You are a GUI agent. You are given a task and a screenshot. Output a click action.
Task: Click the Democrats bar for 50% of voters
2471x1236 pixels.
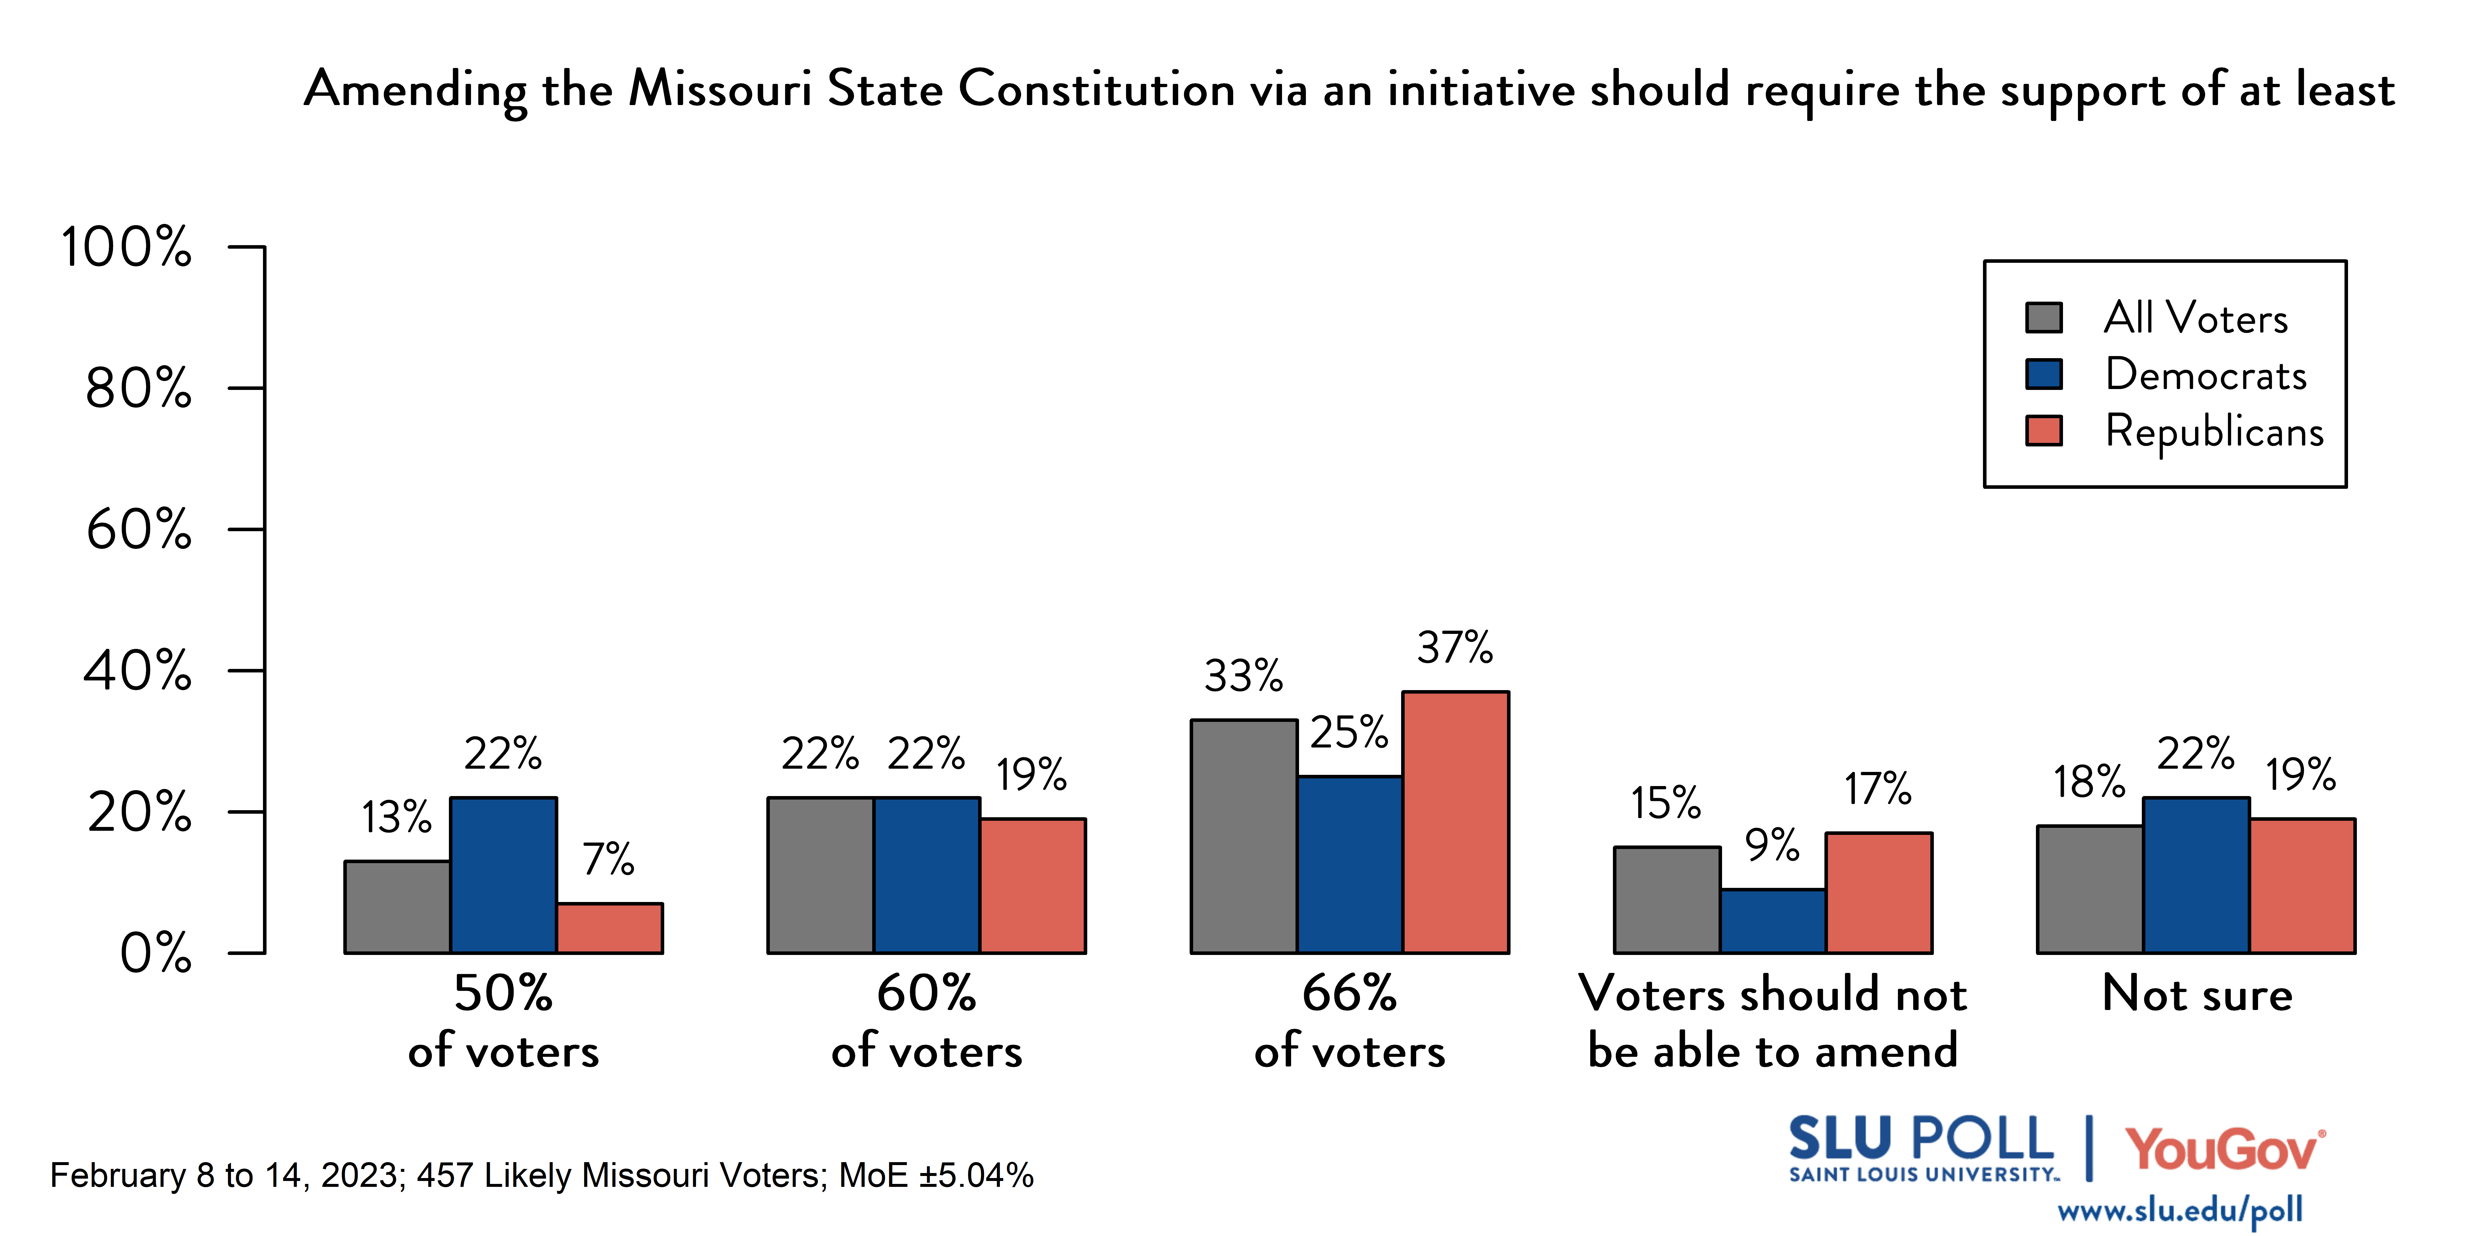click(504, 875)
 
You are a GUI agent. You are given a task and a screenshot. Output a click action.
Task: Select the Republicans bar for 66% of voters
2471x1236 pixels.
click(1455, 823)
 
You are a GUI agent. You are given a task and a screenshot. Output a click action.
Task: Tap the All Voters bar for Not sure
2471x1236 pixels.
click(2090, 890)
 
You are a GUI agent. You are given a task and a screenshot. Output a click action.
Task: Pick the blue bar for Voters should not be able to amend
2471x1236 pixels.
click(1773, 921)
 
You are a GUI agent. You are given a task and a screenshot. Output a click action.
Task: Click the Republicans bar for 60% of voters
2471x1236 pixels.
click(1032, 886)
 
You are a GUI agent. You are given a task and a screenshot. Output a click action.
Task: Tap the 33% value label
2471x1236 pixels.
click(1243, 677)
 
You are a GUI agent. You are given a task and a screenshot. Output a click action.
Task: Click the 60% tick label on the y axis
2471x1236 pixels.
click(139, 530)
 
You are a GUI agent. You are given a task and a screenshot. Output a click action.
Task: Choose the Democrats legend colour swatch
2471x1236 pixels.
click(2044, 374)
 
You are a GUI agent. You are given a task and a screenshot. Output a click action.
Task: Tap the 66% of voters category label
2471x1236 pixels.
click(1350, 1022)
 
